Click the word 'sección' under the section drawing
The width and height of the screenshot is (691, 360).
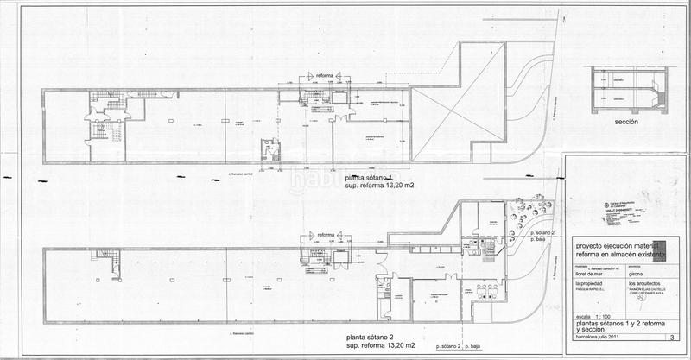pos(626,123)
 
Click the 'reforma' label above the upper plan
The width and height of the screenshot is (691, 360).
pos(326,76)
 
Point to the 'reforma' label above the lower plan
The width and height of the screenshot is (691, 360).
pos(326,235)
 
